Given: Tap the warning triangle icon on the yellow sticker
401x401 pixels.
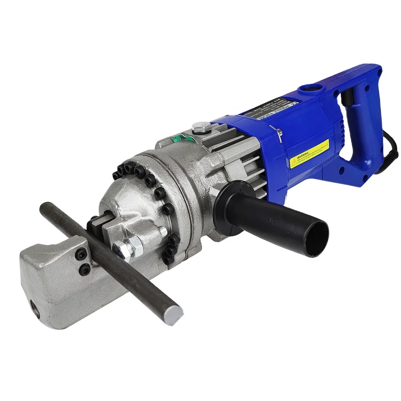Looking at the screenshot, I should tap(294, 162).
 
